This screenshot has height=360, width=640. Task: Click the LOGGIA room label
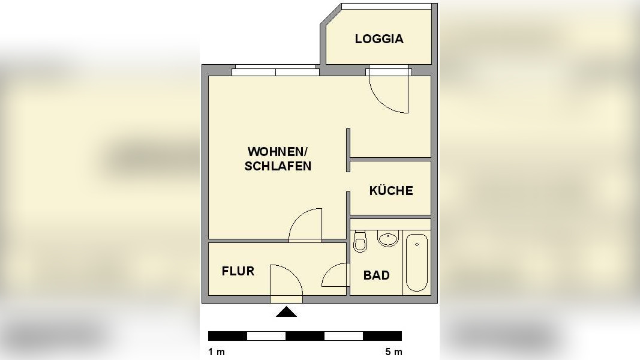click(x=379, y=39)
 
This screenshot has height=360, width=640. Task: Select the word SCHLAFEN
click(x=278, y=166)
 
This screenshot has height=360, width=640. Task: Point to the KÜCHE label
click(x=391, y=191)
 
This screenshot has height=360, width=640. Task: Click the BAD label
click(x=376, y=275)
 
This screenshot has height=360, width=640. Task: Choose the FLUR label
click(x=238, y=271)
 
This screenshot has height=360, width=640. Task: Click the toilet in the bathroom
click(x=360, y=241)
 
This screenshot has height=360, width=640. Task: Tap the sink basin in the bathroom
click(x=388, y=239)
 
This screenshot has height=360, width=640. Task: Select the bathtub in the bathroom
click(x=416, y=262)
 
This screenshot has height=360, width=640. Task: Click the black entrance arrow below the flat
click(x=286, y=311)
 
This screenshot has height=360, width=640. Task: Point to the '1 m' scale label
click(x=217, y=352)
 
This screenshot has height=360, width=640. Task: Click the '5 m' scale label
click(x=393, y=352)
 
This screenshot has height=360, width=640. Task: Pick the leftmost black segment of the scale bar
click(x=227, y=335)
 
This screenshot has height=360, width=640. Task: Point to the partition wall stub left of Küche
click(x=348, y=150)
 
